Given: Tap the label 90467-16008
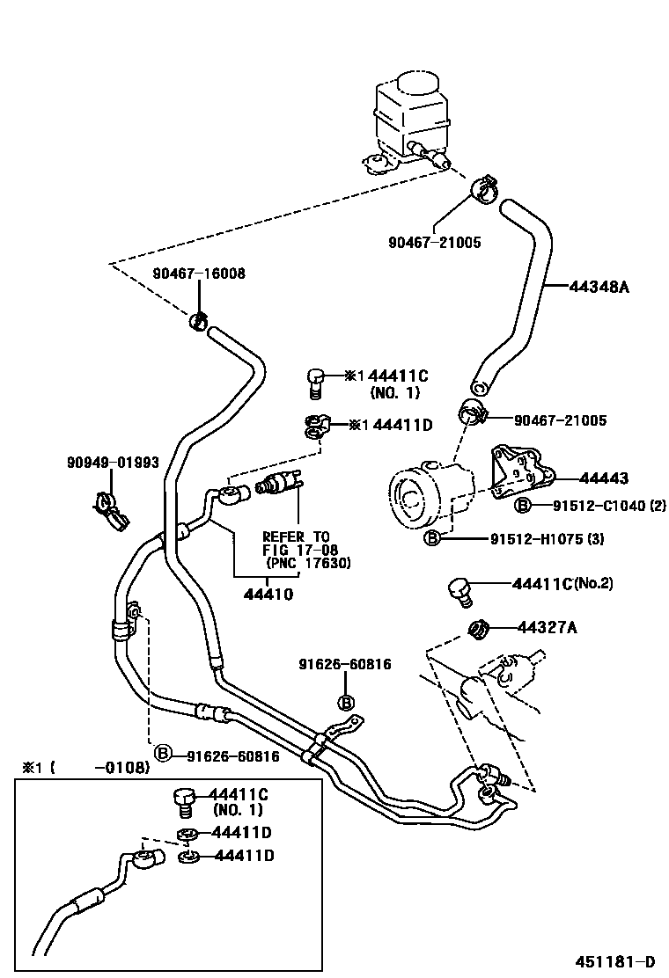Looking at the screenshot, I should click(x=199, y=274).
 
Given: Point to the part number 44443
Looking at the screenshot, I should click(x=604, y=478).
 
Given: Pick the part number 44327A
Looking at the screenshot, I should click(x=548, y=627).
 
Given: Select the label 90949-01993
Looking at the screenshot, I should click(x=113, y=462).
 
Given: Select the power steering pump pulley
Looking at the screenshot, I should click(x=410, y=499).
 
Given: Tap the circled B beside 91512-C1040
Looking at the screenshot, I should click(x=522, y=505).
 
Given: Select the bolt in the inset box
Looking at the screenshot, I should click(x=183, y=800).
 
